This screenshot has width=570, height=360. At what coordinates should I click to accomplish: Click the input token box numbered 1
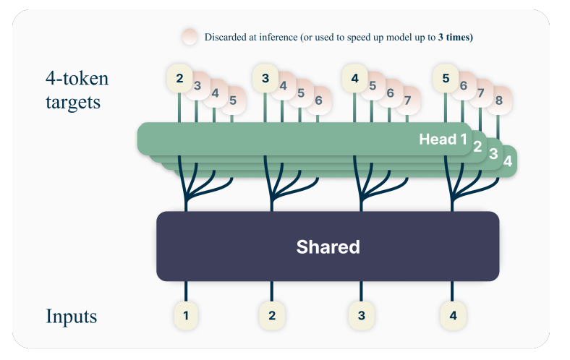[x=186, y=315]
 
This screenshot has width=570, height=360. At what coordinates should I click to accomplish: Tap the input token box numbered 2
[x=272, y=315]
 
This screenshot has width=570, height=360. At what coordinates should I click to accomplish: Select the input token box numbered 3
[x=361, y=315]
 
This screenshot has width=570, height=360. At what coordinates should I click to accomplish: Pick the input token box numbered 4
[x=454, y=315]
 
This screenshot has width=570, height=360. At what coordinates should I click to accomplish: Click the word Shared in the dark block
[x=328, y=247]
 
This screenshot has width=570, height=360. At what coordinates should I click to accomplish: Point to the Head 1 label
[x=443, y=139]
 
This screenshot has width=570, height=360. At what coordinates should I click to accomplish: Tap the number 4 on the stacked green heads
[x=508, y=162]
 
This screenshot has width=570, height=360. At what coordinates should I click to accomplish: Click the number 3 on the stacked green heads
[x=493, y=153]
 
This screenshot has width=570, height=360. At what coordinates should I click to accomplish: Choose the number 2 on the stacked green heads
[x=477, y=145]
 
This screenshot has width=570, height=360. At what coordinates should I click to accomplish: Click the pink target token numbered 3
[x=197, y=86]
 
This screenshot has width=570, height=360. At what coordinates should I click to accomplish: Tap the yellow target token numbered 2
[x=179, y=77]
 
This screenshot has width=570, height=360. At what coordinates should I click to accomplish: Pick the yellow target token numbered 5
[x=446, y=77]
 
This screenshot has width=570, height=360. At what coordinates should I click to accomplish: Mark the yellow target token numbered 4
[x=354, y=77]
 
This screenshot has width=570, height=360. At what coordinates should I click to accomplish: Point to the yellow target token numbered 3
[x=265, y=77]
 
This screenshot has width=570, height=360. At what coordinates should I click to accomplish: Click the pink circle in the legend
[x=190, y=37]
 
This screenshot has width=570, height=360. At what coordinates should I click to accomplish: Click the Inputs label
[x=71, y=316]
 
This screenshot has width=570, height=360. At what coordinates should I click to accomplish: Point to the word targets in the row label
[x=71, y=101]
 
